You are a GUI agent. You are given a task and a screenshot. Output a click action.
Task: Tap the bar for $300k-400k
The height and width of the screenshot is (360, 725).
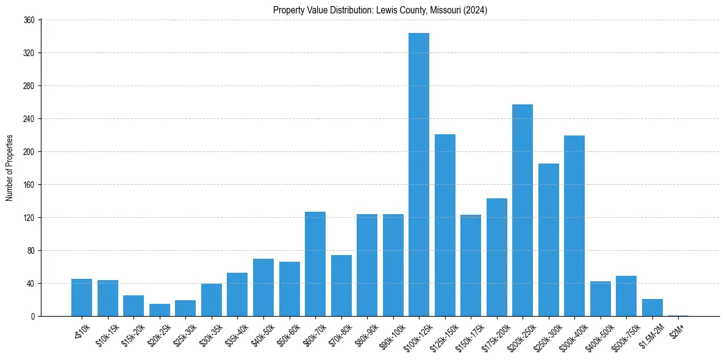[574, 226]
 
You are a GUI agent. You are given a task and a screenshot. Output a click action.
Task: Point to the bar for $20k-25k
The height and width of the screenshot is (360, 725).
[160, 310]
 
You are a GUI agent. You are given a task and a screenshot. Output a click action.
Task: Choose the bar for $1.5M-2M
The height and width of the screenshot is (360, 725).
[652, 308]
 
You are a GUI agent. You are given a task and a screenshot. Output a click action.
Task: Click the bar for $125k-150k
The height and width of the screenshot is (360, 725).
[445, 225]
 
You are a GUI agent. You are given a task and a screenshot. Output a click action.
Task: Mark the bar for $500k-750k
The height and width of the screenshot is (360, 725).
[626, 296]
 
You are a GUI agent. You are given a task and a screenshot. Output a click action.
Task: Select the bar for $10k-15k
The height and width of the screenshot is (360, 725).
[108, 298]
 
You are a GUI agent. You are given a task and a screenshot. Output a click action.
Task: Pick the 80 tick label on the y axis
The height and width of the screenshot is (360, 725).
[31, 251]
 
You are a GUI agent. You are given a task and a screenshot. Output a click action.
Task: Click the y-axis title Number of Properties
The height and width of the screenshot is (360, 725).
[9, 168]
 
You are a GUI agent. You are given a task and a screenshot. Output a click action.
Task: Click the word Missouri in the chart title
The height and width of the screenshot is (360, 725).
[447, 10]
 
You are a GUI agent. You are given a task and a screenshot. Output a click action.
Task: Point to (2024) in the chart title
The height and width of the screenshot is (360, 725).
[476, 10]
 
